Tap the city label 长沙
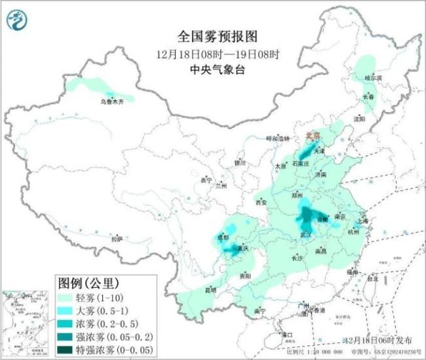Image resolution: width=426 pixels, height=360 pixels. [296, 258]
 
